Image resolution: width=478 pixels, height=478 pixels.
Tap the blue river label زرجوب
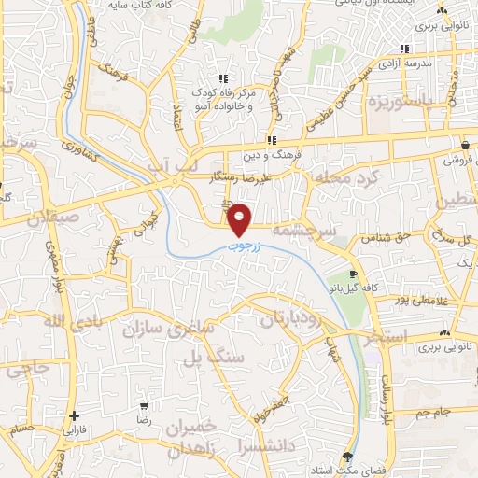coord(246,249)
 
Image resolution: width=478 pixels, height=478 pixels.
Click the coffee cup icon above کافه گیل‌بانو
coord(353,274)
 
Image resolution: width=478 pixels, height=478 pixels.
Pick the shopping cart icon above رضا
coord(144,407)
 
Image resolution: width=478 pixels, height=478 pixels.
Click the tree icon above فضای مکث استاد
coord(348,457)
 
